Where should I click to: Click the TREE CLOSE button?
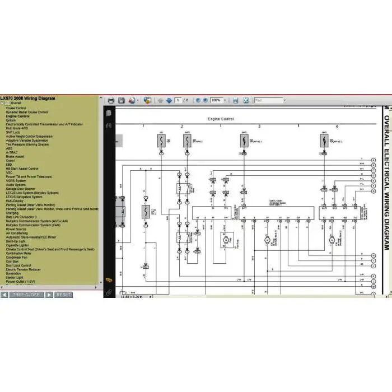point(26,295)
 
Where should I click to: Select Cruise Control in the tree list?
point(16,108)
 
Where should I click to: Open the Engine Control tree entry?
point(18,116)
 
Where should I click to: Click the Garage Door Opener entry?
point(21,189)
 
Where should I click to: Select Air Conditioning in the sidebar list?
point(17,233)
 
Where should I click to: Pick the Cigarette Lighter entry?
point(17,245)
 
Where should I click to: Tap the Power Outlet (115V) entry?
point(20,282)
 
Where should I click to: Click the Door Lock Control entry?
point(18,265)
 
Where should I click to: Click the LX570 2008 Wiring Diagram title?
point(28,98)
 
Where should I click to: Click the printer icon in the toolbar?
point(111,100)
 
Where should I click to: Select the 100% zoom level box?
point(217,100)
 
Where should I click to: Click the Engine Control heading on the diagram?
point(220,119)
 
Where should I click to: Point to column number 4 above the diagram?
point(337,127)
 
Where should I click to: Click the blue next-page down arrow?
point(167,100)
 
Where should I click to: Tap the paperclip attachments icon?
point(109,291)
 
